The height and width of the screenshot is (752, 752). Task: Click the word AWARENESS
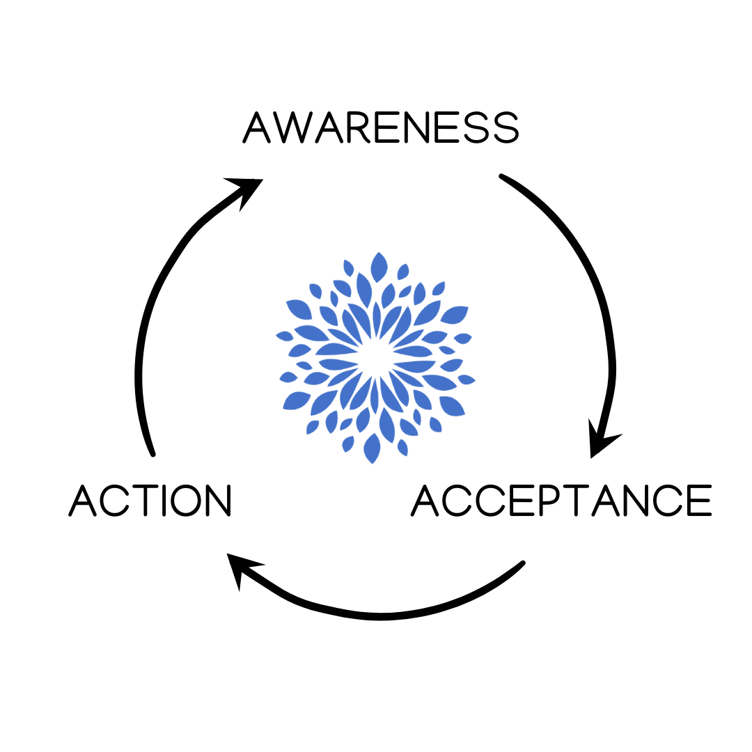point(381,127)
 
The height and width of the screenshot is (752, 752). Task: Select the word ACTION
point(149,499)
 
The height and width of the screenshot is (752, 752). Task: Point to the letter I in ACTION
point(164,499)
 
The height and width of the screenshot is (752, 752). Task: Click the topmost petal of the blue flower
point(379,267)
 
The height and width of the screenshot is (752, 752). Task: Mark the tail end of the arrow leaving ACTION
point(152,454)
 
